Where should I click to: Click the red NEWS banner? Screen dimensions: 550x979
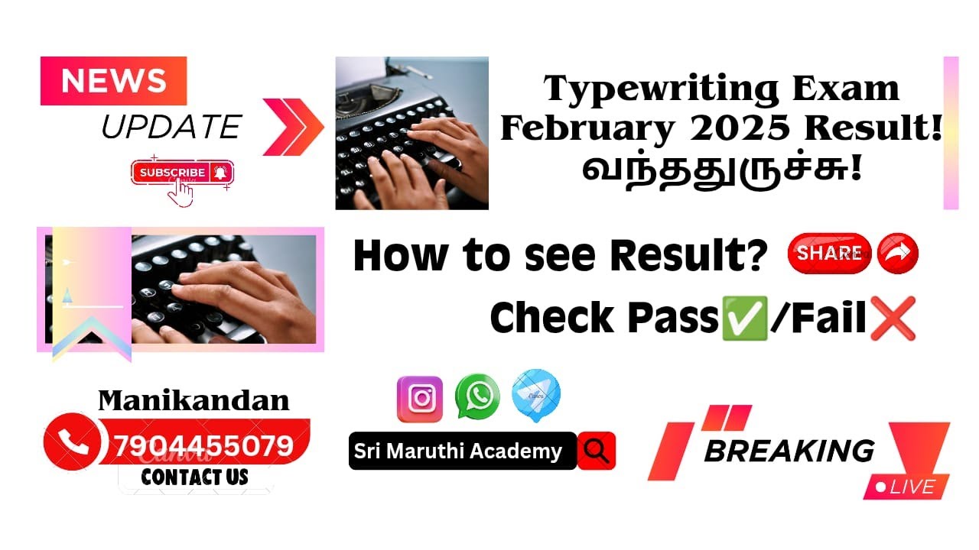click(x=113, y=81)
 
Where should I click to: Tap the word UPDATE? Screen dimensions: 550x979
click(x=171, y=127)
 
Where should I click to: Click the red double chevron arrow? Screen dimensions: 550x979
click(x=293, y=127)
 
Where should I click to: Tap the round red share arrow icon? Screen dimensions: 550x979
click(x=897, y=254)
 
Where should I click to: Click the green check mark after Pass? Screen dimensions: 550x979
click(x=744, y=318)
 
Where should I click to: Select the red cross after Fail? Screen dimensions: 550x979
click(x=893, y=318)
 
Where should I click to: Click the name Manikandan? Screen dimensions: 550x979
click(x=194, y=400)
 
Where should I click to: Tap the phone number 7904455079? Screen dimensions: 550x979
click(x=203, y=445)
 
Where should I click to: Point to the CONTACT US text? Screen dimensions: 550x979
click(x=194, y=477)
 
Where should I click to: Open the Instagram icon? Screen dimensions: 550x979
click(x=419, y=399)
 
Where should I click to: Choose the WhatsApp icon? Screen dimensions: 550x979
click(x=477, y=396)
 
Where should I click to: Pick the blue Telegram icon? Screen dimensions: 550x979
click(x=535, y=396)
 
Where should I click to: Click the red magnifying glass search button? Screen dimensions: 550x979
click(x=597, y=451)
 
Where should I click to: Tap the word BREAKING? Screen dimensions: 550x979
click(x=789, y=451)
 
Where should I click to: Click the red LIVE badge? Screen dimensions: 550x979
click(x=906, y=487)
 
